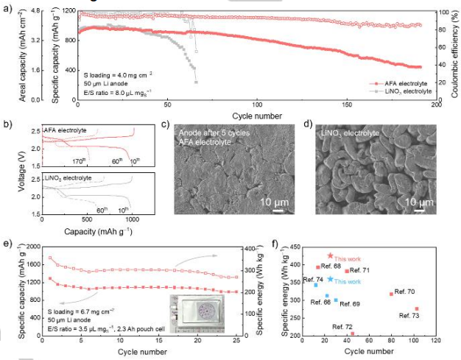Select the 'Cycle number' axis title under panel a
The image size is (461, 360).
256,116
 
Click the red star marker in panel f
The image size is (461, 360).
330,255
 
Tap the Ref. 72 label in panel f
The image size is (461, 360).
342,326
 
